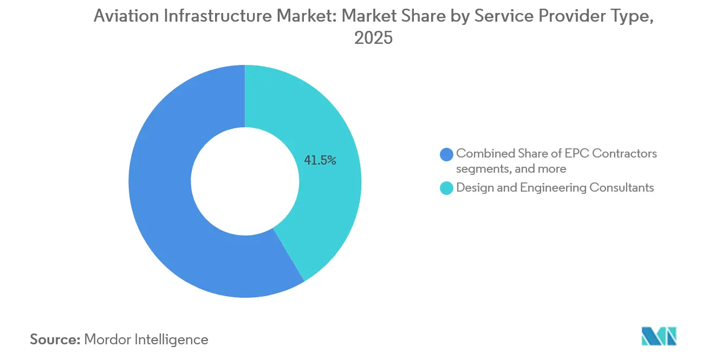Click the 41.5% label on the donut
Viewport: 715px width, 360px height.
click(320, 160)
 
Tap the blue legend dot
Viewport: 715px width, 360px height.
click(447, 154)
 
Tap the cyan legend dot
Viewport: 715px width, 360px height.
click(447, 188)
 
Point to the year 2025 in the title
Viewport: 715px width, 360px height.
click(373, 38)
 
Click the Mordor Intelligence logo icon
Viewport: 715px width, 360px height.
click(659, 336)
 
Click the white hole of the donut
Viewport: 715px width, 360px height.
click(245, 181)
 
